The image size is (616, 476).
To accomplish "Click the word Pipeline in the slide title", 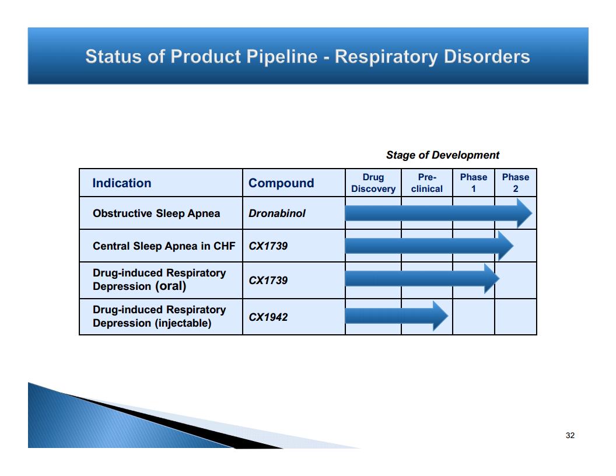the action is [x=282, y=57].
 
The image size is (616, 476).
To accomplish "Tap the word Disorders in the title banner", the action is [x=487, y=56].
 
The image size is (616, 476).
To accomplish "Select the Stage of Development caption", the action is [x=443, y=155].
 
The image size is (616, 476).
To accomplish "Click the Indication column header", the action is [x=122, y=183].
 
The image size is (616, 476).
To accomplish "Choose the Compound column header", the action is [x=281, y=183].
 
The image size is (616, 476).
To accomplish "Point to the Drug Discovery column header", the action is [x=373, y=183].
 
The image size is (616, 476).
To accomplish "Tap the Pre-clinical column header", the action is [x=426, y=183].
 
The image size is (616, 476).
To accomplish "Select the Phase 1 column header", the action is [x=474, y=183].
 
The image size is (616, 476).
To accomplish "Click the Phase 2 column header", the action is [x=516, y=183].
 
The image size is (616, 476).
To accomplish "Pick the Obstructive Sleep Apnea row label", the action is [x=156, y=213].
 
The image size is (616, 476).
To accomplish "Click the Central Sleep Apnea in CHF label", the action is [x=164, y=246].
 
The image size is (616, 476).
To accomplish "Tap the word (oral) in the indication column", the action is [x=170, y=286].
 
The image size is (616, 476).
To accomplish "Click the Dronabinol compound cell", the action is [x=277, y=213].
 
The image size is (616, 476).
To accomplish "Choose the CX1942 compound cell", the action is [x=268, y=317].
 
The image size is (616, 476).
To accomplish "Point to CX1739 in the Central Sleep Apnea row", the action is [x=268, y=246].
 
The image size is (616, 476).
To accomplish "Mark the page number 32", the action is [x=570, y=436].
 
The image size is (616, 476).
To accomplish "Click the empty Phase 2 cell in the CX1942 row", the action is [x=516, y=317].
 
